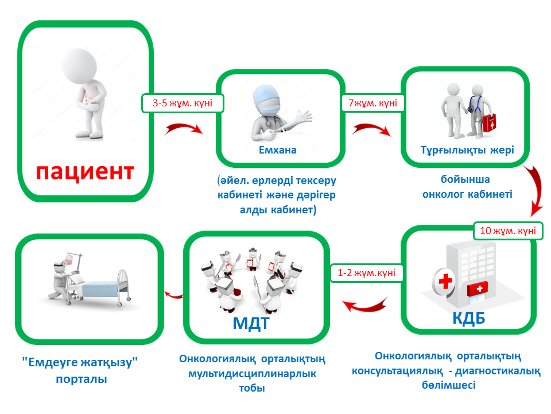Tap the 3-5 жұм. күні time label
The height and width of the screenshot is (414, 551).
(183, 104)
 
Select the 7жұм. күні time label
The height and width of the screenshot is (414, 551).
(373, 104)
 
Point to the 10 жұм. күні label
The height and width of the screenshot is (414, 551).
(507, 231)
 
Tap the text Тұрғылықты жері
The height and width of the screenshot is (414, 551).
(467, 150)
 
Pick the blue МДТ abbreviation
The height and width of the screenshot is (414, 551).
(251, 323)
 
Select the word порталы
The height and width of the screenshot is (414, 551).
(82, 379)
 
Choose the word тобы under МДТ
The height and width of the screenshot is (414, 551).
(252, 388)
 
